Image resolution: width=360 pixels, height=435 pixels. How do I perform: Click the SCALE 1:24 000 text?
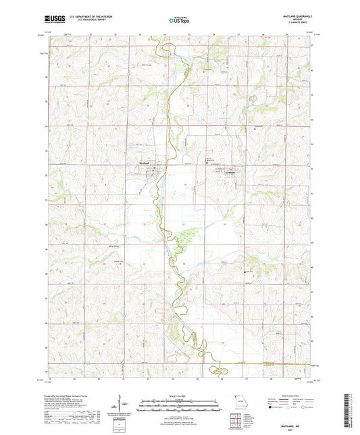click(x=180, y=396)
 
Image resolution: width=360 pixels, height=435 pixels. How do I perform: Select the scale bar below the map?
click(x=180, y=402)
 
